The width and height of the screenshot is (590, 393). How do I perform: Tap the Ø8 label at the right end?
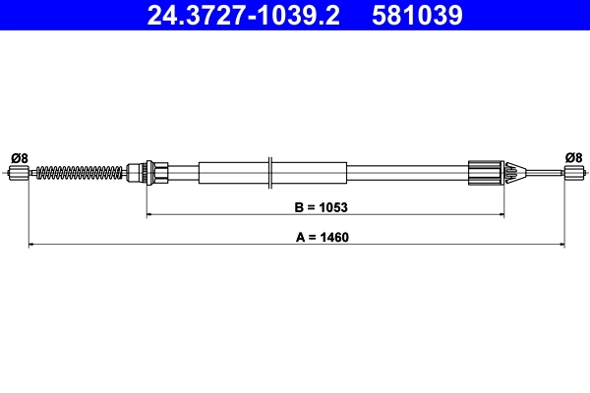(573, 157)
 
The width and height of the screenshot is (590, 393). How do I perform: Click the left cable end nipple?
(18, 174)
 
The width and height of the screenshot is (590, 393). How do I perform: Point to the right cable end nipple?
(571, 174)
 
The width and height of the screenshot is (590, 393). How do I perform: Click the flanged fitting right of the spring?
(147, 174)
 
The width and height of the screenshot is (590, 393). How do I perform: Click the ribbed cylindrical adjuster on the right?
(485, 174)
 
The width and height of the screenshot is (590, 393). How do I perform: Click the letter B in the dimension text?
(300, 207)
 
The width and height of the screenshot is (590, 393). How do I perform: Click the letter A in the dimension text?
(300, 237)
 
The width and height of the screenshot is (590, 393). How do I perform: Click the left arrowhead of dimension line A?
(32, 244)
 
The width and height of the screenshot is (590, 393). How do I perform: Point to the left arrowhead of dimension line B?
(150, 214)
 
